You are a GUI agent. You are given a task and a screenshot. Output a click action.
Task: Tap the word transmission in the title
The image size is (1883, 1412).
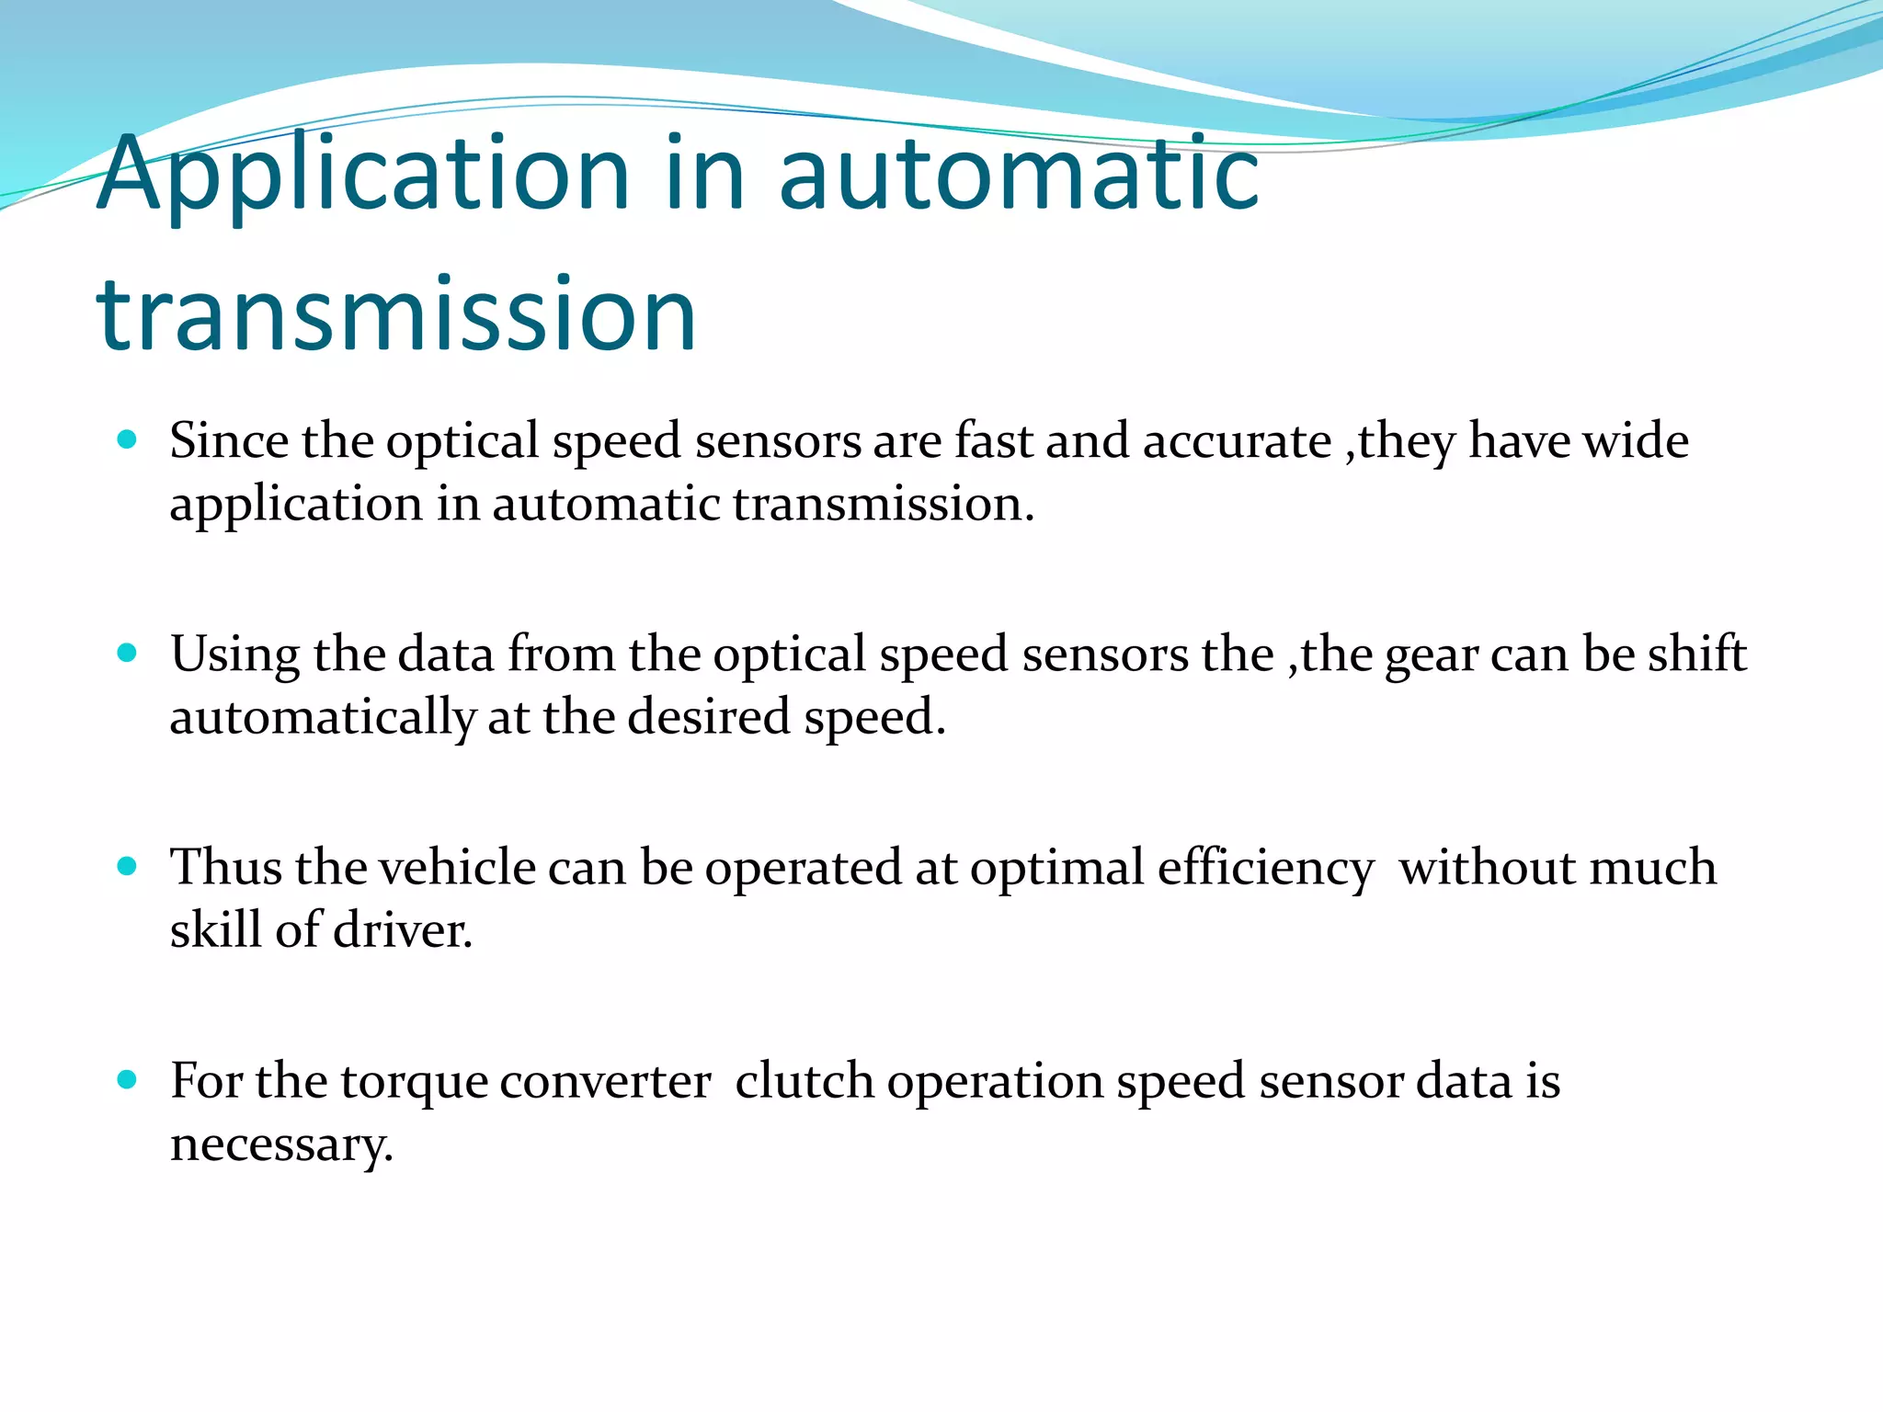point(396,315)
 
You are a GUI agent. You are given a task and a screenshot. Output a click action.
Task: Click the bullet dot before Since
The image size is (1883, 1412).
point(128,439)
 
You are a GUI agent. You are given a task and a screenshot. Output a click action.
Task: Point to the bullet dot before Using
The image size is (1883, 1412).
point(128,653)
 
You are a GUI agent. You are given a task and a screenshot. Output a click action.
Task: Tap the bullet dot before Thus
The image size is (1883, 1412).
point(128,866)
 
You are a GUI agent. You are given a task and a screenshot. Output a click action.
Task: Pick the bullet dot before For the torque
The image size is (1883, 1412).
point(128,1079)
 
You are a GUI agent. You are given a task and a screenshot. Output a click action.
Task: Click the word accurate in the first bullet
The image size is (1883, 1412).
point(1237,441)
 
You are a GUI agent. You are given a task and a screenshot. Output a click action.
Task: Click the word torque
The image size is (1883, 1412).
point(413,1083)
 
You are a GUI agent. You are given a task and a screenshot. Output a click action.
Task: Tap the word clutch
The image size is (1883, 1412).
point(804,1081)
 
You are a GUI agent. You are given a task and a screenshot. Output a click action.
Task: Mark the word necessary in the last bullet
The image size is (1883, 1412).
point(281,1145)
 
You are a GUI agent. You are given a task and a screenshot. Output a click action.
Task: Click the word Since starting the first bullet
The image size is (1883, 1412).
point(229,441)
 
